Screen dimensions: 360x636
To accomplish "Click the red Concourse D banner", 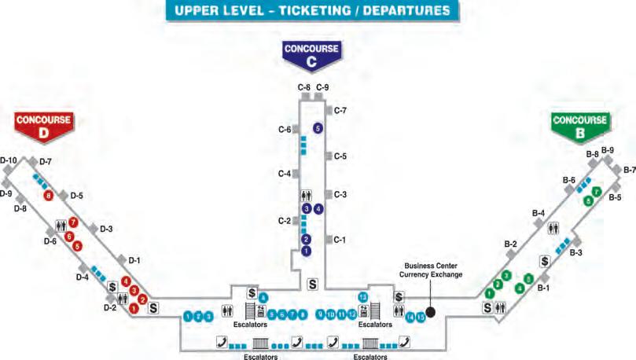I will pyautogui.click(x=44, y=125).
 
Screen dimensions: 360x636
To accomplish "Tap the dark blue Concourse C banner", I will pyautogui.click(x=311, y=53).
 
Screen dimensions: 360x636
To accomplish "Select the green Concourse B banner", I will pyautogui.click(x=579, y=125).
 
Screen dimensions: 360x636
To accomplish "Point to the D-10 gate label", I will pyautogui.click(x=9, y=160).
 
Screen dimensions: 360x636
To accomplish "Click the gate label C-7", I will pyautogui.click(x=340, y=111).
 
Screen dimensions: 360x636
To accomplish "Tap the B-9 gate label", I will pyautogui.click(x=608, y=151).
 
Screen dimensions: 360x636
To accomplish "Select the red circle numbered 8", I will pyautogui.click(x=49, y=196).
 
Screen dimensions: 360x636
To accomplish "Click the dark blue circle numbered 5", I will pyautogui.click(x=318, y=127).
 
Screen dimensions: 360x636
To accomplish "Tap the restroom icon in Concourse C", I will pyautogui.click(x=307, y=194).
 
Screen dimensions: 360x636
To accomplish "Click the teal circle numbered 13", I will pyautogui.click(x=363, y=296).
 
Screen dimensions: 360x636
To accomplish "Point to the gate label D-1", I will pyautogui.click(x=134, y=260).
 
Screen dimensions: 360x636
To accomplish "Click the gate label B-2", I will pyautogui.click(x=510, y=244).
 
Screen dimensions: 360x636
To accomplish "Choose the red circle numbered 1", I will pyautogui.click(x=134, y=308).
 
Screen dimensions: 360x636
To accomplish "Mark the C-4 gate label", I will pyautogui.click(x=284, y=173).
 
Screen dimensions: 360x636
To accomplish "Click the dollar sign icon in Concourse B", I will pyautogui.click(x=544, y=261).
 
